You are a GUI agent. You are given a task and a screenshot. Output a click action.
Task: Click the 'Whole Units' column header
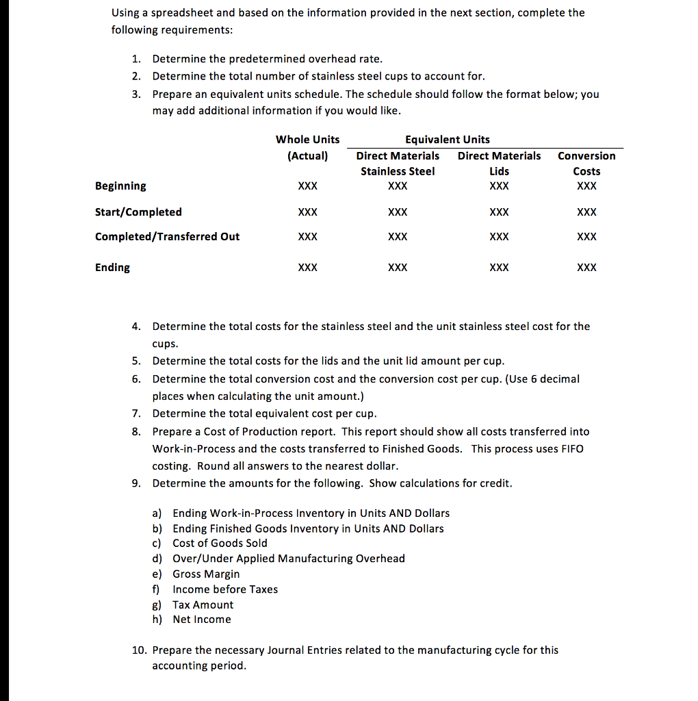coord(307,140)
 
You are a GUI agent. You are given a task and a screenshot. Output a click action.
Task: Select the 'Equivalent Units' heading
coord(448,140)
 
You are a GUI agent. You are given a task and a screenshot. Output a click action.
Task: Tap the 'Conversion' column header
coord(586,156)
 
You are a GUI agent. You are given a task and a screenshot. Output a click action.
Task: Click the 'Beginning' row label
coord(120,186)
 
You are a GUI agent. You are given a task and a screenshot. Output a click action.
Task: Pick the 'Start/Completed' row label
coord(138,212)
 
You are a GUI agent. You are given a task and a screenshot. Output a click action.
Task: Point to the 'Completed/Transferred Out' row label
coord(167,237)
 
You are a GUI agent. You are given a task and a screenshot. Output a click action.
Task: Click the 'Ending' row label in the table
coord(112,268)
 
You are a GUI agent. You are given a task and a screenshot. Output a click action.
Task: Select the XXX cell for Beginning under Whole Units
coord(308,186)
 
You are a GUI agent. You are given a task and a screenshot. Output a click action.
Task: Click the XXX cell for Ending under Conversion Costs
coord(586,268)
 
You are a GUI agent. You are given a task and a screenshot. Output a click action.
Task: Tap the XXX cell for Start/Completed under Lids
coord(500,212)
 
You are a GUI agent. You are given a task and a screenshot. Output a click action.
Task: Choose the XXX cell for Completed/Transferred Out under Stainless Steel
coord(398,237)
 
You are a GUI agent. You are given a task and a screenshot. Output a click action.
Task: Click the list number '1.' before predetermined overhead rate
coord(136,59)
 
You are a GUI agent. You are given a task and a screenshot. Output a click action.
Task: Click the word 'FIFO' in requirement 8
coord(571,449)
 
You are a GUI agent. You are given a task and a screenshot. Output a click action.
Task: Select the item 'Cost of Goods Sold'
coord(220,543)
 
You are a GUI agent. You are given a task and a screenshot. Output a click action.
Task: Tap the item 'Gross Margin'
coord(206,574)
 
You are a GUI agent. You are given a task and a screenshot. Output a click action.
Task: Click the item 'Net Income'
coord(202,620)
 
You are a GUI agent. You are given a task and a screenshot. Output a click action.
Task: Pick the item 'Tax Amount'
coord(203,605)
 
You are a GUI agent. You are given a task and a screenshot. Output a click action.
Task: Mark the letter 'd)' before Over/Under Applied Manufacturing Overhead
coord(156,559)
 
